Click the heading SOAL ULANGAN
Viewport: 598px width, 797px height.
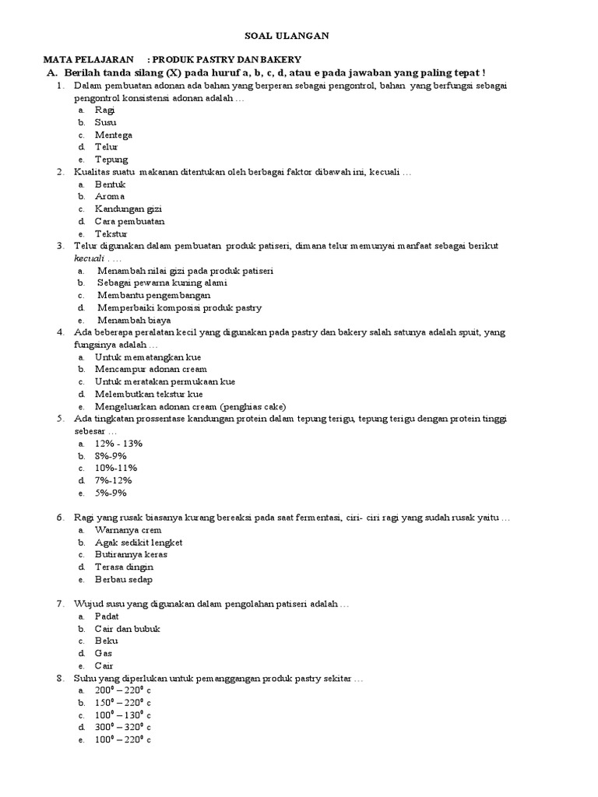299,35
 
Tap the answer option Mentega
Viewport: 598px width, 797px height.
114,135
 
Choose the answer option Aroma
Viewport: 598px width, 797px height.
110,197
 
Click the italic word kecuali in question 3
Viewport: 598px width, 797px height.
90,258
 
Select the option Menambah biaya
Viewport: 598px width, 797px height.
134,320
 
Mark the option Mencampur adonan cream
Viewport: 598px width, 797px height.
151,369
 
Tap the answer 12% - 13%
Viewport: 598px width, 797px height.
118,443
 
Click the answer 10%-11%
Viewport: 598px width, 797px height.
116,468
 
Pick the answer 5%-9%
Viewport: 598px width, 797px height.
111,493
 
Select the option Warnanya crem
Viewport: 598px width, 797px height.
128,530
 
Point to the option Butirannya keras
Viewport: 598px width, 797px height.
131,555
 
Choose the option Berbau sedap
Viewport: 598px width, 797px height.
124,580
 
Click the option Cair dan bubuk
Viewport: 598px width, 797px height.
128,629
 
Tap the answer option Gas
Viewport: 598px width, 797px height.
104,654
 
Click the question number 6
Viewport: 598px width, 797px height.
60,518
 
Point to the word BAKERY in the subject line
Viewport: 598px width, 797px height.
282,60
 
